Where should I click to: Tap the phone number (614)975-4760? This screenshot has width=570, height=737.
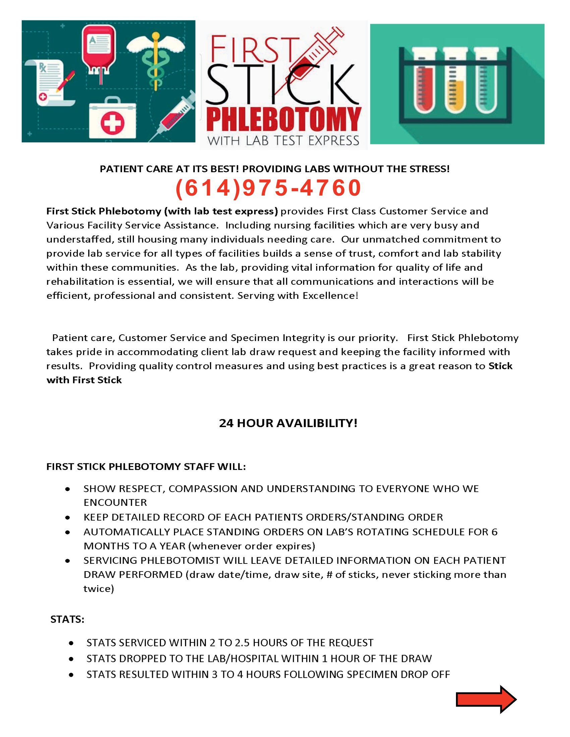click(269, 188)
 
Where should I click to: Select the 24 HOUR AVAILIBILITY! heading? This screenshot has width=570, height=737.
click(288, 423)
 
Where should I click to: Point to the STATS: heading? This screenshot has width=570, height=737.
click(67, 619)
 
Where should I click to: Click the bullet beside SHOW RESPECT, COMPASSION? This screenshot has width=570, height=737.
click(68, 489)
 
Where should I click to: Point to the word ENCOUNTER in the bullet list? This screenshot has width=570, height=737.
click(115, 503)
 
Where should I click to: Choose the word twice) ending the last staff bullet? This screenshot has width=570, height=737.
click(99, 589)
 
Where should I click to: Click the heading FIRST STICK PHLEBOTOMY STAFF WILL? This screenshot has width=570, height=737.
click(146, 467)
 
